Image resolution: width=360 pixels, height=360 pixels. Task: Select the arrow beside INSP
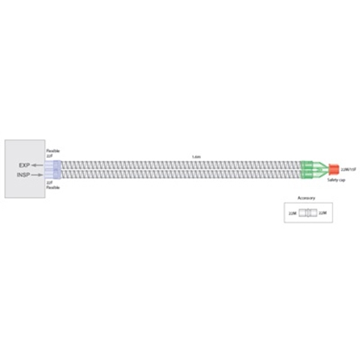pos(38,175)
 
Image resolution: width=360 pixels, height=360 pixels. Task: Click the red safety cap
pos(334,169)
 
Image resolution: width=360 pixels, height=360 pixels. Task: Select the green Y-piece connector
pos(310,169)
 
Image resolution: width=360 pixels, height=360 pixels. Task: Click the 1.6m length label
pos(196,157)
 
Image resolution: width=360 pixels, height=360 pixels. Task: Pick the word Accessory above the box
pos(306,198)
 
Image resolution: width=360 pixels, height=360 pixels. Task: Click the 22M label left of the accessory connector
pos(292,213)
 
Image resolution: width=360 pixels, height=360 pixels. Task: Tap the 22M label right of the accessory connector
pos(322,213)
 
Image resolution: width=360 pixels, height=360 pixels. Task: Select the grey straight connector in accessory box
pos(307,213)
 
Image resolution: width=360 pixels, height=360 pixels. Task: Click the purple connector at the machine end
pos(56,169)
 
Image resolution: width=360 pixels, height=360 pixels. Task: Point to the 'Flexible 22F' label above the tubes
pos(53,154)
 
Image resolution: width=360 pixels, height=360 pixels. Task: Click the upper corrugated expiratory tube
pos(180,164)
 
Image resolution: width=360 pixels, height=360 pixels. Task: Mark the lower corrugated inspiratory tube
pos(180,175)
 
